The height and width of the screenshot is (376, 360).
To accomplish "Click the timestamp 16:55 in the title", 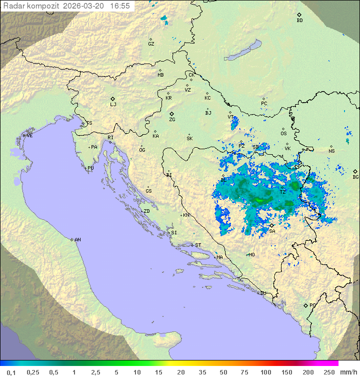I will coord(120,6).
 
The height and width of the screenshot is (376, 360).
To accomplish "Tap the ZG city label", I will coord(172,120).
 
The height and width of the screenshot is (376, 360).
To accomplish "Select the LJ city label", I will coord(113,105).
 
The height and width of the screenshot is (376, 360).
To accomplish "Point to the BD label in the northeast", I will coord(299,21).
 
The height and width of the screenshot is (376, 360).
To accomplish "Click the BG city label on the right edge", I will coord(355,177).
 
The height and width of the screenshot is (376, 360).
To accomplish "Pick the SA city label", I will coord(272,231).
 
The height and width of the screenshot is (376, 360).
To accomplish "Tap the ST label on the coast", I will coord(198,245).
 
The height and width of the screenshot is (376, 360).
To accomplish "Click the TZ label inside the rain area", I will coord(282,192).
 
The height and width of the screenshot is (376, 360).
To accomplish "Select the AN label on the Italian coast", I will coord(77,240).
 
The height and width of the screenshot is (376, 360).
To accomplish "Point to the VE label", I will coord(29,136).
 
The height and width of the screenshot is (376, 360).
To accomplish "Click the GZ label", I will coord(151,44).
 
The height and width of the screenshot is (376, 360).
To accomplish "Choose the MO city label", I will coord(251,255).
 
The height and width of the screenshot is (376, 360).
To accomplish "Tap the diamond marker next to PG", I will coord(305,305).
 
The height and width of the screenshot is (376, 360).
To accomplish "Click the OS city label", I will coord(283,134).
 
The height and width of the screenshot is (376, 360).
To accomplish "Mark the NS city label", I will coord(331,151).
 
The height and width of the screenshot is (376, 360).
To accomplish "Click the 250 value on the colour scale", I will coord(329,372).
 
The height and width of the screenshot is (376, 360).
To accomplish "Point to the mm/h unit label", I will coord(348,372).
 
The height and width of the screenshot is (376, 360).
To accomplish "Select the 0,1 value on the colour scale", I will coord(11,372).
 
